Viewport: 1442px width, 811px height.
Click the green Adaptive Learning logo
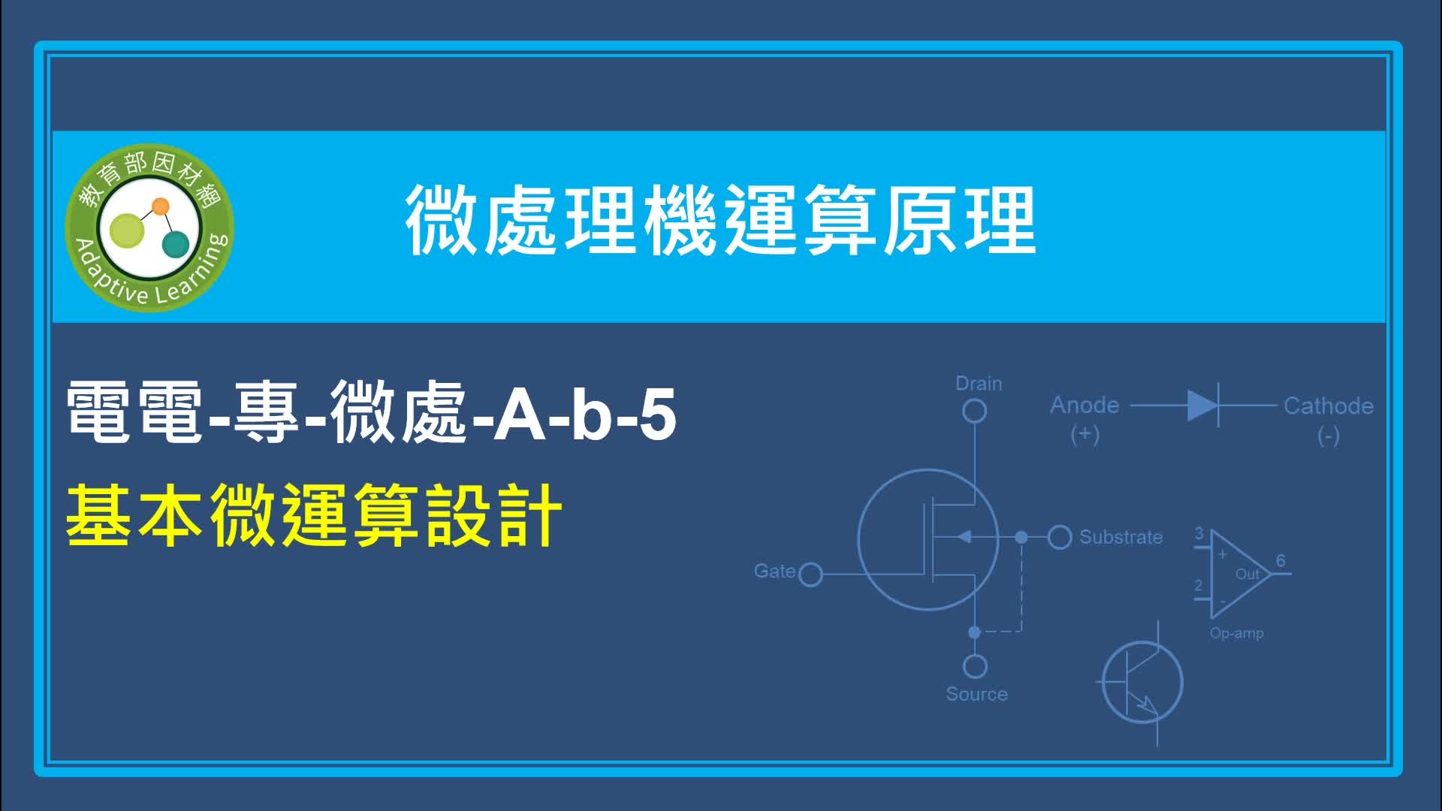point(149,228)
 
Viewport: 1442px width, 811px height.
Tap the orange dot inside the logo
point(160,207)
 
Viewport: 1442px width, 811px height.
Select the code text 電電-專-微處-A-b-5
point(372,412)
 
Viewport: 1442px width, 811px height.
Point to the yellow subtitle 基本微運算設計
point(314,515)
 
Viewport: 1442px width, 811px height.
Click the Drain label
point(979,384)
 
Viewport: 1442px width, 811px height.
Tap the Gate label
point(774,571)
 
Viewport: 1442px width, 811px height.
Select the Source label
point(976,694)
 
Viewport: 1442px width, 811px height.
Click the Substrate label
point(1121,537)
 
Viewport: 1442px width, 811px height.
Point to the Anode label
point(1085,405)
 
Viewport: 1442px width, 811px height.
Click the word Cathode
point(1329,406)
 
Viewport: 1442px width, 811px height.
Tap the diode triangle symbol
point(1202,405)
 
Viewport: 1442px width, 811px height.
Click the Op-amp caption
point(1236,633)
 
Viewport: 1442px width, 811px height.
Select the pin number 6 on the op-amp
point(1281,561)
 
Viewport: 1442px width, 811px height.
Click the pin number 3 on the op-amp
point(1199,534)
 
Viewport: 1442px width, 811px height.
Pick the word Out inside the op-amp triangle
point(1247,574)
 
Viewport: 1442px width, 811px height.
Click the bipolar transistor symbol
point(1141,683)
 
